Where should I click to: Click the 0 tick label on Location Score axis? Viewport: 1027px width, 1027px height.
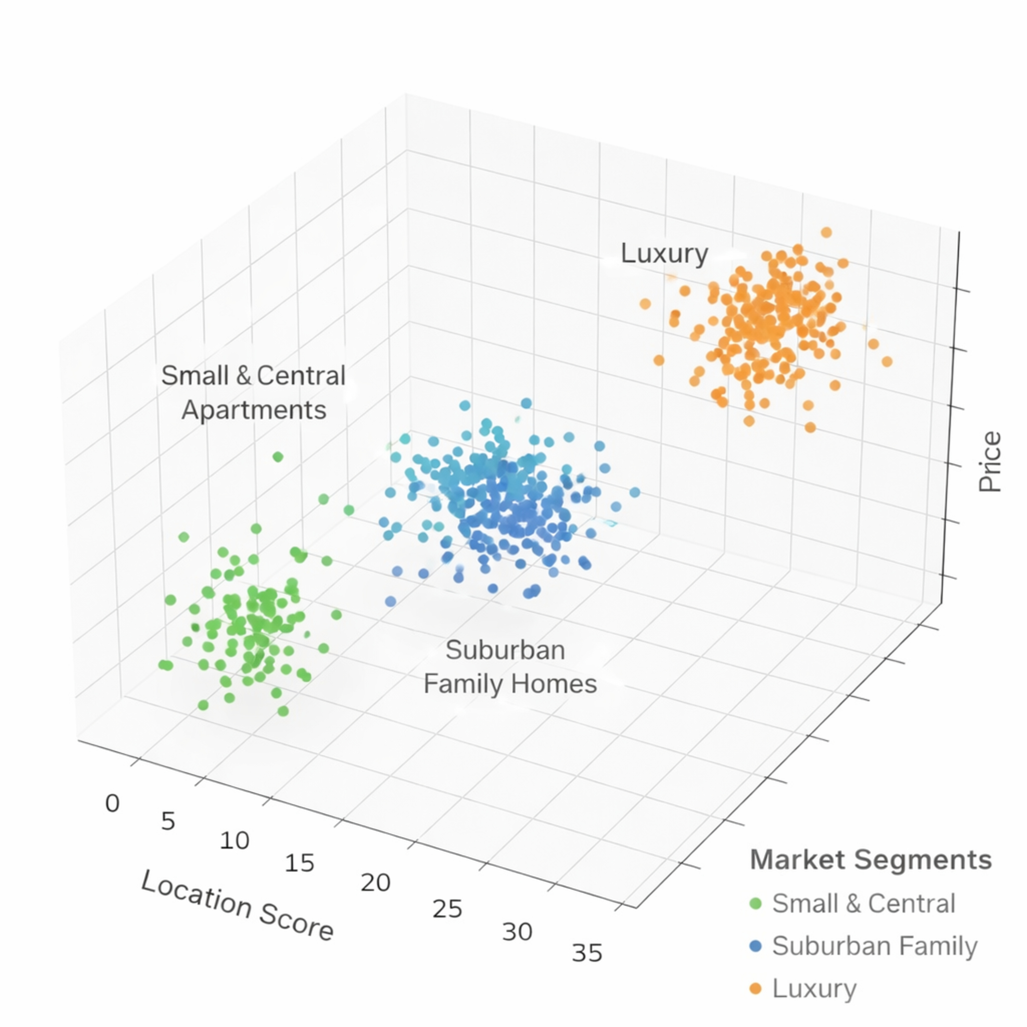112,804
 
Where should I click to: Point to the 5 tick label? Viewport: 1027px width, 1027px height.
168,822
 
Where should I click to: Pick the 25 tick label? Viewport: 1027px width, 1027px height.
447,910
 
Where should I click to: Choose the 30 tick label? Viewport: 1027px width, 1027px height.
517,933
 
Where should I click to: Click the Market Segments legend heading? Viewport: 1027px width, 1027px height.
871,860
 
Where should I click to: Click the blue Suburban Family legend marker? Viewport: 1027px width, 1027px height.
755,946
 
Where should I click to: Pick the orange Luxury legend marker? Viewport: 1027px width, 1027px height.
755,989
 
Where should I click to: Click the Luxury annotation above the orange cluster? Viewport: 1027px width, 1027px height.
664,254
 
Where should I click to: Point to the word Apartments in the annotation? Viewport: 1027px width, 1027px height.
254,410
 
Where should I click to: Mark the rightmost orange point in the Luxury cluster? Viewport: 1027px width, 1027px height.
887,362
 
